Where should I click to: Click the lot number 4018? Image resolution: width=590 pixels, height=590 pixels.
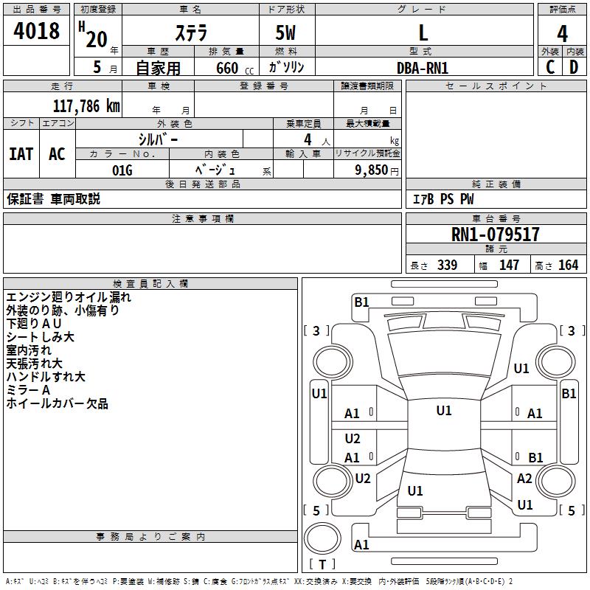coord(36,30)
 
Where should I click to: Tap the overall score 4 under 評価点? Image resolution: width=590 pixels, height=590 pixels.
coord(562,34)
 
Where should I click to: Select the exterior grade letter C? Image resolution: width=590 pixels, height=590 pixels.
coord(550,67)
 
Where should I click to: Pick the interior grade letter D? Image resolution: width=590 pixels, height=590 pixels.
coord(574,67)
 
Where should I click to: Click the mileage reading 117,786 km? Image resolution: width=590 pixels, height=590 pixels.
coord(86,105)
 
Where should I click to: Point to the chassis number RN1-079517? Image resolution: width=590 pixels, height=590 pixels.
coord(495,234)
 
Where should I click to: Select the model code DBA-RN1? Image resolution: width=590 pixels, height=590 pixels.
coord(423,68)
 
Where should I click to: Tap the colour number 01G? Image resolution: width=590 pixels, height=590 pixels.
coord(122,170)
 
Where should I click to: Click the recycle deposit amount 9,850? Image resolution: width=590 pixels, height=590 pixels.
coord(371,170)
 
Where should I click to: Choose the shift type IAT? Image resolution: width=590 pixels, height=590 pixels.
coord(21,154)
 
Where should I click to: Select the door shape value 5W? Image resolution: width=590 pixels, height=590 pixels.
coord(285,32)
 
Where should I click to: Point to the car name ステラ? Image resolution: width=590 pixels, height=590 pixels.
coord(191,33)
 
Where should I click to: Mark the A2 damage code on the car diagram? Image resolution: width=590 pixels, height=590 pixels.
coord(524,478)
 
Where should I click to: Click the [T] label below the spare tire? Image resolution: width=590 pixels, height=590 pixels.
coord(322,564)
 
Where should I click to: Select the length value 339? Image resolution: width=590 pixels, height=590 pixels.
coord(447,265)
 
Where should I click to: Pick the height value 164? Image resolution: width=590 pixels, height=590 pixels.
coord(568,265)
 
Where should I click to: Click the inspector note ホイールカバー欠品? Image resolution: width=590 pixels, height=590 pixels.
coord(58,403)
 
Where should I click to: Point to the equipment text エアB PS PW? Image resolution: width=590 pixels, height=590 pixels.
coord(443,198)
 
